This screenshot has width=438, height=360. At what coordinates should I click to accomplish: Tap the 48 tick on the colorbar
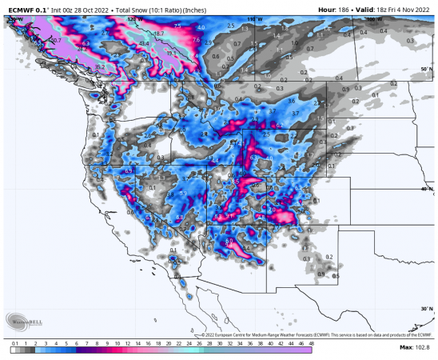[x=311, y=342]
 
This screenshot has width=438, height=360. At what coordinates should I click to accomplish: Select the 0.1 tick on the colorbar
[x=14, y=342]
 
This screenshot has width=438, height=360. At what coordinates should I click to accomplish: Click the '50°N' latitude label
[x=426, y=70]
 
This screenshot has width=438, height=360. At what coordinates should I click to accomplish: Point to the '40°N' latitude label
[x=426, y=189]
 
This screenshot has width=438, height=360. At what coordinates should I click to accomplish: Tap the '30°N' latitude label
[x=426, y=308]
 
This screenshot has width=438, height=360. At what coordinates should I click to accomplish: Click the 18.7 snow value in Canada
[x=159, y=34]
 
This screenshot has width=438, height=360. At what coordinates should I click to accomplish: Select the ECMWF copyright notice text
[x=312, y=334]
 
